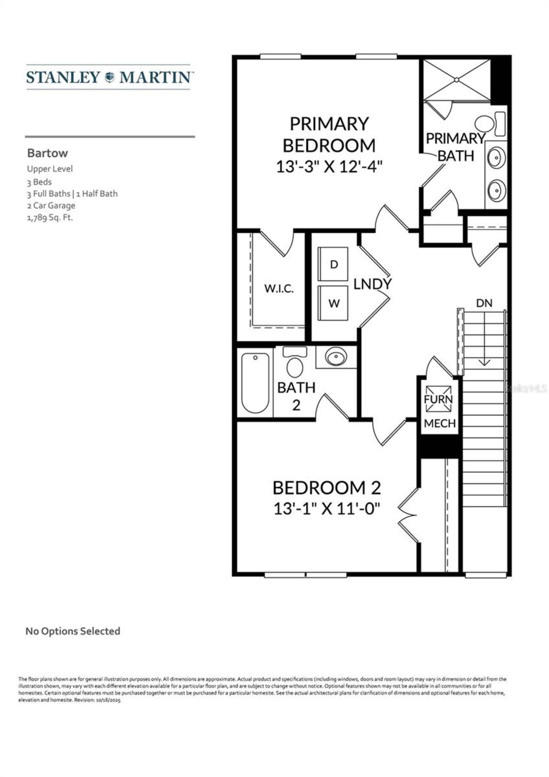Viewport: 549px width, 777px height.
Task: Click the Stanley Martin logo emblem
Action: pos(110,77)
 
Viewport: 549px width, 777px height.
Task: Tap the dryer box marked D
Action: pos(333,264)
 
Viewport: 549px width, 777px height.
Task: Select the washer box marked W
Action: pos(333,303)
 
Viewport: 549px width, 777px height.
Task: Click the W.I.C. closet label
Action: pos(279,288)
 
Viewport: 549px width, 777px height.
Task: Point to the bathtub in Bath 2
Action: pos(255,382)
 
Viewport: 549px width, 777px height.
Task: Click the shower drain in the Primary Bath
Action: pos(457,80)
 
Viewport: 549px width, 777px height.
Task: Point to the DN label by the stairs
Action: pos(484,303)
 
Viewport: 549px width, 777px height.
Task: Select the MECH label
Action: pos(440,423)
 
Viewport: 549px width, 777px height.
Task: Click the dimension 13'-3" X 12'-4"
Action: pos(329,166)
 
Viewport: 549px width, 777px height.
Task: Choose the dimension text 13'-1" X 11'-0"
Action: pos(327,509)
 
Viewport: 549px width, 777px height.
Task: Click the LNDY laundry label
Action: pos(372,284)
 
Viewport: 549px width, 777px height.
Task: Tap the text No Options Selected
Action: pos(73,631)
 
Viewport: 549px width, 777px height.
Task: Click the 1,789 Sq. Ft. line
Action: pos(50,218)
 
